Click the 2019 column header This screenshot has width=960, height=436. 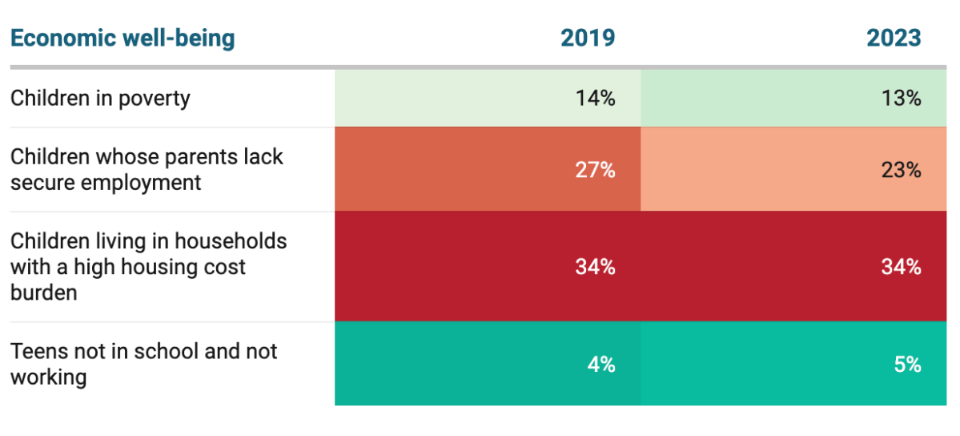(588, 38)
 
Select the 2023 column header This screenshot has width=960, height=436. (894, 38)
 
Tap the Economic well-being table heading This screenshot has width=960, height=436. (123, 38)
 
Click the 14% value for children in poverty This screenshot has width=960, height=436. (595, 99)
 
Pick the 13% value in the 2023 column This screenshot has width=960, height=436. (902, 99)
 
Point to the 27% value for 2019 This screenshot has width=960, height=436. (595, 170)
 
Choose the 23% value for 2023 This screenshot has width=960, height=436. (902, 170)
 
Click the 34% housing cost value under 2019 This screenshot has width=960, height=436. (595, 267)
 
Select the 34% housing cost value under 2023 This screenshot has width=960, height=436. (902, 267)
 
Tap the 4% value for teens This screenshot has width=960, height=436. (601, 364)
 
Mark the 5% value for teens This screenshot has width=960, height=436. (907, 364)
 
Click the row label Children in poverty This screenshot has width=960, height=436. (100, 99)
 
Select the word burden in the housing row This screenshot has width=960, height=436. (44, 293)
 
